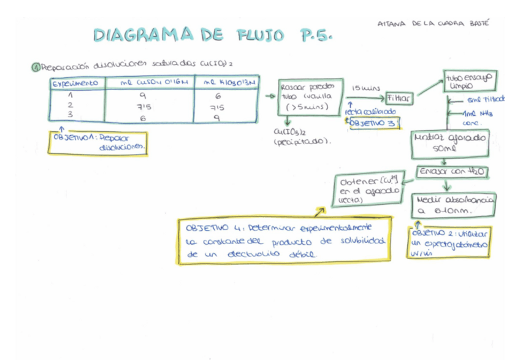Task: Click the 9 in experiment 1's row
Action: pyautogui.click(x=143, y=96)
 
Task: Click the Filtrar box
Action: pyautogui.click(x=399, y=98)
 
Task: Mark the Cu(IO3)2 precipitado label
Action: pyautogui.click(x=291, y=137)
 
